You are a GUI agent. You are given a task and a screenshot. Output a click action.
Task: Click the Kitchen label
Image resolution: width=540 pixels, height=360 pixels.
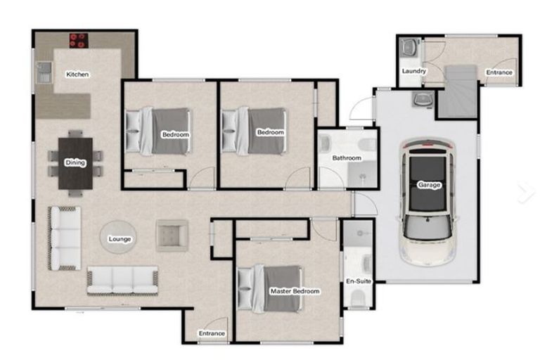[x=77, y=74]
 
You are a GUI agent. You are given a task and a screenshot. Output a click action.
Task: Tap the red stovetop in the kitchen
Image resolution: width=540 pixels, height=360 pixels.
[x=79, y=40]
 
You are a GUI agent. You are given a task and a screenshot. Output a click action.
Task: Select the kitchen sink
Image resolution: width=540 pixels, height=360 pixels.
[x=44, y=72]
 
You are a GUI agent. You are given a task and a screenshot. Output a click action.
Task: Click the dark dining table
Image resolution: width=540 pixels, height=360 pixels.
[x=75, y=163]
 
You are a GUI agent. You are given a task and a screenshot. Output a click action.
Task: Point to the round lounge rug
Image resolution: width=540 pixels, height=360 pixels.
[x=118, y=238]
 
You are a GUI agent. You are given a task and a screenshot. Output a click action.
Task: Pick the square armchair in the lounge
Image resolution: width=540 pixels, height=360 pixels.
[x=172, y=236]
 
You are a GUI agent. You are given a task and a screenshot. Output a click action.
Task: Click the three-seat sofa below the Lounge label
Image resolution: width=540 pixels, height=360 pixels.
[x=122, y=281]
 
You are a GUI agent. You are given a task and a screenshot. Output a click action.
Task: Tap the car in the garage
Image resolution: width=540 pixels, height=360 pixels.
[x=428, y=202]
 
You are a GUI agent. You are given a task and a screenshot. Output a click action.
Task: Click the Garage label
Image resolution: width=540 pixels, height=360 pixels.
[x=429, y=185]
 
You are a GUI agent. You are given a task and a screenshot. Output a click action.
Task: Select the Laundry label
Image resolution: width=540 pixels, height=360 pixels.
[x=414, y=71]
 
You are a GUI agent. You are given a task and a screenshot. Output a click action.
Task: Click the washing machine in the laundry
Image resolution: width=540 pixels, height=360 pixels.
[x=409, y=47]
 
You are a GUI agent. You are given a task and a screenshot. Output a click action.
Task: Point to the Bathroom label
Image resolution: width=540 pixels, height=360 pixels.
[x=347, y=157]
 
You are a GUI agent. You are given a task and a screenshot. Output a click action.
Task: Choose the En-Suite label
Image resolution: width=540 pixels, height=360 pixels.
[x=359, y=281]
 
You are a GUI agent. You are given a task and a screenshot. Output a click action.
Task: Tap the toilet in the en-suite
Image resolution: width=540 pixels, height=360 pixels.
[x=358, y=297]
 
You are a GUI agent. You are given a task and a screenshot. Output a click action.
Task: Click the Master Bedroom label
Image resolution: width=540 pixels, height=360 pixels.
[x=295, y=291]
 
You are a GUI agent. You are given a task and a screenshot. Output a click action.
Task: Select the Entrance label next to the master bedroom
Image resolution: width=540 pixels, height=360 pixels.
[x=212, y=333]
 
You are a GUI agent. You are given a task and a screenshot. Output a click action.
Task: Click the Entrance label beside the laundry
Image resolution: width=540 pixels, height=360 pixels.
[x=499, y=72]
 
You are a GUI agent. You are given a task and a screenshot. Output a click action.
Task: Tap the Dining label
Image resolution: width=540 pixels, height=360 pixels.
[x=75, y=162]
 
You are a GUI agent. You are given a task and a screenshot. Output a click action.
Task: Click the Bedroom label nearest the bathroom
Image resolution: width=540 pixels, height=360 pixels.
[x=271, y=132]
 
